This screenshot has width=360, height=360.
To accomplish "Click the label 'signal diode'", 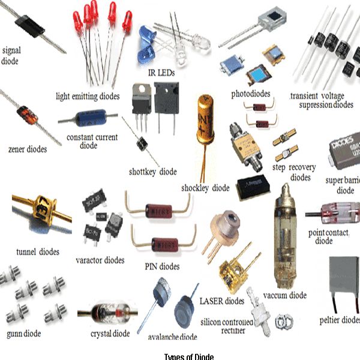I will (x=11, y=55).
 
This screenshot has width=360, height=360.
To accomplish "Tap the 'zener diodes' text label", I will (x=25, y=149).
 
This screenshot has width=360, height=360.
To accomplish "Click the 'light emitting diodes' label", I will (x=88, y=96).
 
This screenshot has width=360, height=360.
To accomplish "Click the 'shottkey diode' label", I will (x=153, y=172).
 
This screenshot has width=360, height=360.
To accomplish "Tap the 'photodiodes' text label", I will (x=251, y=94).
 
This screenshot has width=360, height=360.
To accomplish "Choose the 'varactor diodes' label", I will (x=100, y=260).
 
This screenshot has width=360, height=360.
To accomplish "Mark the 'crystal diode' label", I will (x=110, y=334).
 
